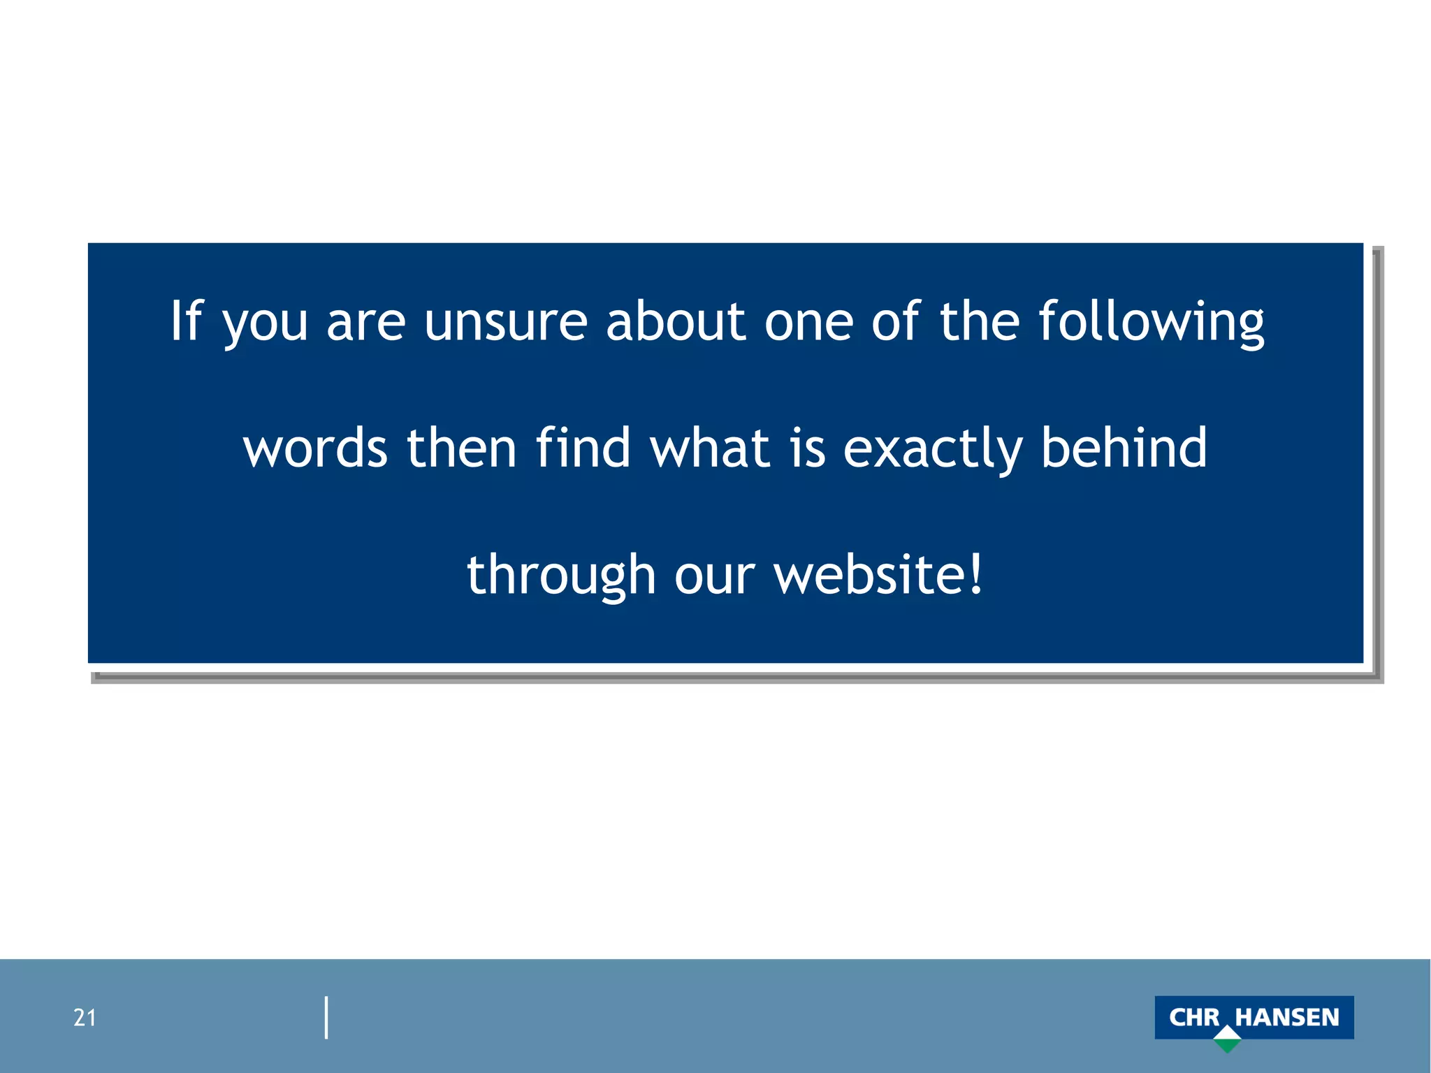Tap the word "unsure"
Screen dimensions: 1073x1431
pos(505,322)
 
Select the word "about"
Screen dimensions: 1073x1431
pos(676,322)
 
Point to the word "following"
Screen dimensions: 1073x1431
pos(1151,322)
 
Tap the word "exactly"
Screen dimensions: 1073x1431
pos(933,449)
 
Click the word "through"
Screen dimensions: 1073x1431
pos(560,575)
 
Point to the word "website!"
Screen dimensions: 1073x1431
pos(879,575)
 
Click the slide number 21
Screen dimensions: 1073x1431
pos(85,1018)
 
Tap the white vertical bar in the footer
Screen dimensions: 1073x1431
pos(326,1017)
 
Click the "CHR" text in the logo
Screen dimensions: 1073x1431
pos(1194,1017)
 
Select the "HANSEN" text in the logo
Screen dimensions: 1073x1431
pos(1287,1017)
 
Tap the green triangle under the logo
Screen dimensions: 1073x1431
pos(1227,1045)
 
